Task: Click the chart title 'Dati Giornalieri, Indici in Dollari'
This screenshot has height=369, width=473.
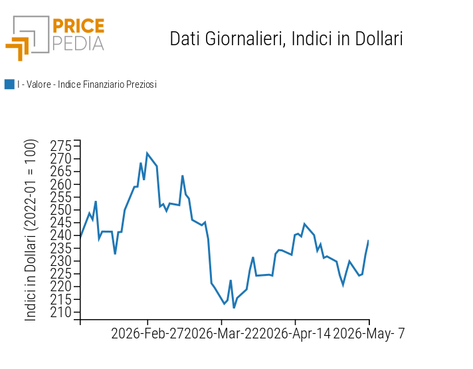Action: (x=286, y=39)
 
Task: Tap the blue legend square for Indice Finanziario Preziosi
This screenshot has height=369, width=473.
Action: (x=9, y=84)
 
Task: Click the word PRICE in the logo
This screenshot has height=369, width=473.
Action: (x=78, y=26)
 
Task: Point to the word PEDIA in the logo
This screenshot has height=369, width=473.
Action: (x=78, y=44)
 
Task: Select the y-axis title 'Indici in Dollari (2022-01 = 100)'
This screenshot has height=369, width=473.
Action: (x=31, y=230)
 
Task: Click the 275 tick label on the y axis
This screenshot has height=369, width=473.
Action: (x=61, y=146)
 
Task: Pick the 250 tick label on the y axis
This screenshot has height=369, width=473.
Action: (x=61, y=210)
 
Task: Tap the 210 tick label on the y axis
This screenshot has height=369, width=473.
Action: (x=61, y=312)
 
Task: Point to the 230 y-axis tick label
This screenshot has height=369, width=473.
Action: (x=61, y=261)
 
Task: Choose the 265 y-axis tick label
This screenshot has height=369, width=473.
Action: (x=61, y=172)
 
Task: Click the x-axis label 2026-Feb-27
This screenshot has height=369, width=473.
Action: (x=147, y=334)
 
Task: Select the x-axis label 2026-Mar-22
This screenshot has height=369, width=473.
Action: (x=221, y=334)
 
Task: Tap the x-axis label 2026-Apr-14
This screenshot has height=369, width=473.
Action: (x=295, y=334)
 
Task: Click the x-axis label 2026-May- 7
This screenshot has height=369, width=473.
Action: (x=369, y=334)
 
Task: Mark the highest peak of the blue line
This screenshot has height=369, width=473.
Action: (x=147, y=154)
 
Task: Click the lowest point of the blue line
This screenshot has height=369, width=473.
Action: (x=234, y=308)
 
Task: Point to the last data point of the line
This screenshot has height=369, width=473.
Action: (x=368, y=241)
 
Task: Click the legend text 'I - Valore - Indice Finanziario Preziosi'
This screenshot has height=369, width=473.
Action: (x=87, y=84)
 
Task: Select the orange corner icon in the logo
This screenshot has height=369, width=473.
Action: (x=17, y=49)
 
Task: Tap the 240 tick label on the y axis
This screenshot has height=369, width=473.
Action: (x=61, y=235)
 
